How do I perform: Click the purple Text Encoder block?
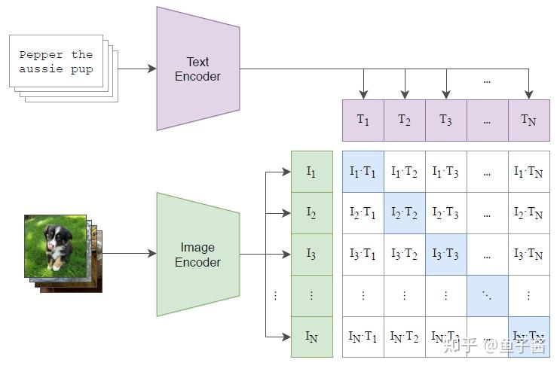coord(197,69)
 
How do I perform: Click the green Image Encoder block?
coord(197,255)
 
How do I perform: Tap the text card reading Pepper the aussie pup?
coord(56,61)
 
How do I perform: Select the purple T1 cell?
coord(363,120)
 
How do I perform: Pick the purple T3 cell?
coord(445,120)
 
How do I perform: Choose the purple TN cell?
coord(528,120)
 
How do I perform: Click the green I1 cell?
coord(311,172)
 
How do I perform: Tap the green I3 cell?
coord(311,255)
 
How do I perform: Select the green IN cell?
coord(311,337)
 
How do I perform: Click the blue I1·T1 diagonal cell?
coord(363,172)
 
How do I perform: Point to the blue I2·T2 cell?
coord(405,213)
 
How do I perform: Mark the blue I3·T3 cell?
coord(445,255)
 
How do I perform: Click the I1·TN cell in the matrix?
coord(528,172)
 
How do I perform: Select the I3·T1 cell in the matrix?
coord(363,255)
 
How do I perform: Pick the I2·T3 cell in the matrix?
coord(445,213)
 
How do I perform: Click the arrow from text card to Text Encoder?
coord(136,69)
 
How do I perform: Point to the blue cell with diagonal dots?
coord(487,296)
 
